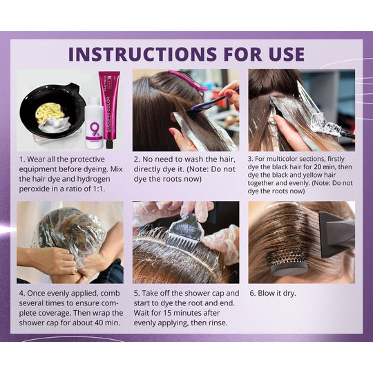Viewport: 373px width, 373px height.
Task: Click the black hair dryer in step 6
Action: tap(333, 234)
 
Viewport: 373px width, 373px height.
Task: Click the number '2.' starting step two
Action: tap(137, 158)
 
